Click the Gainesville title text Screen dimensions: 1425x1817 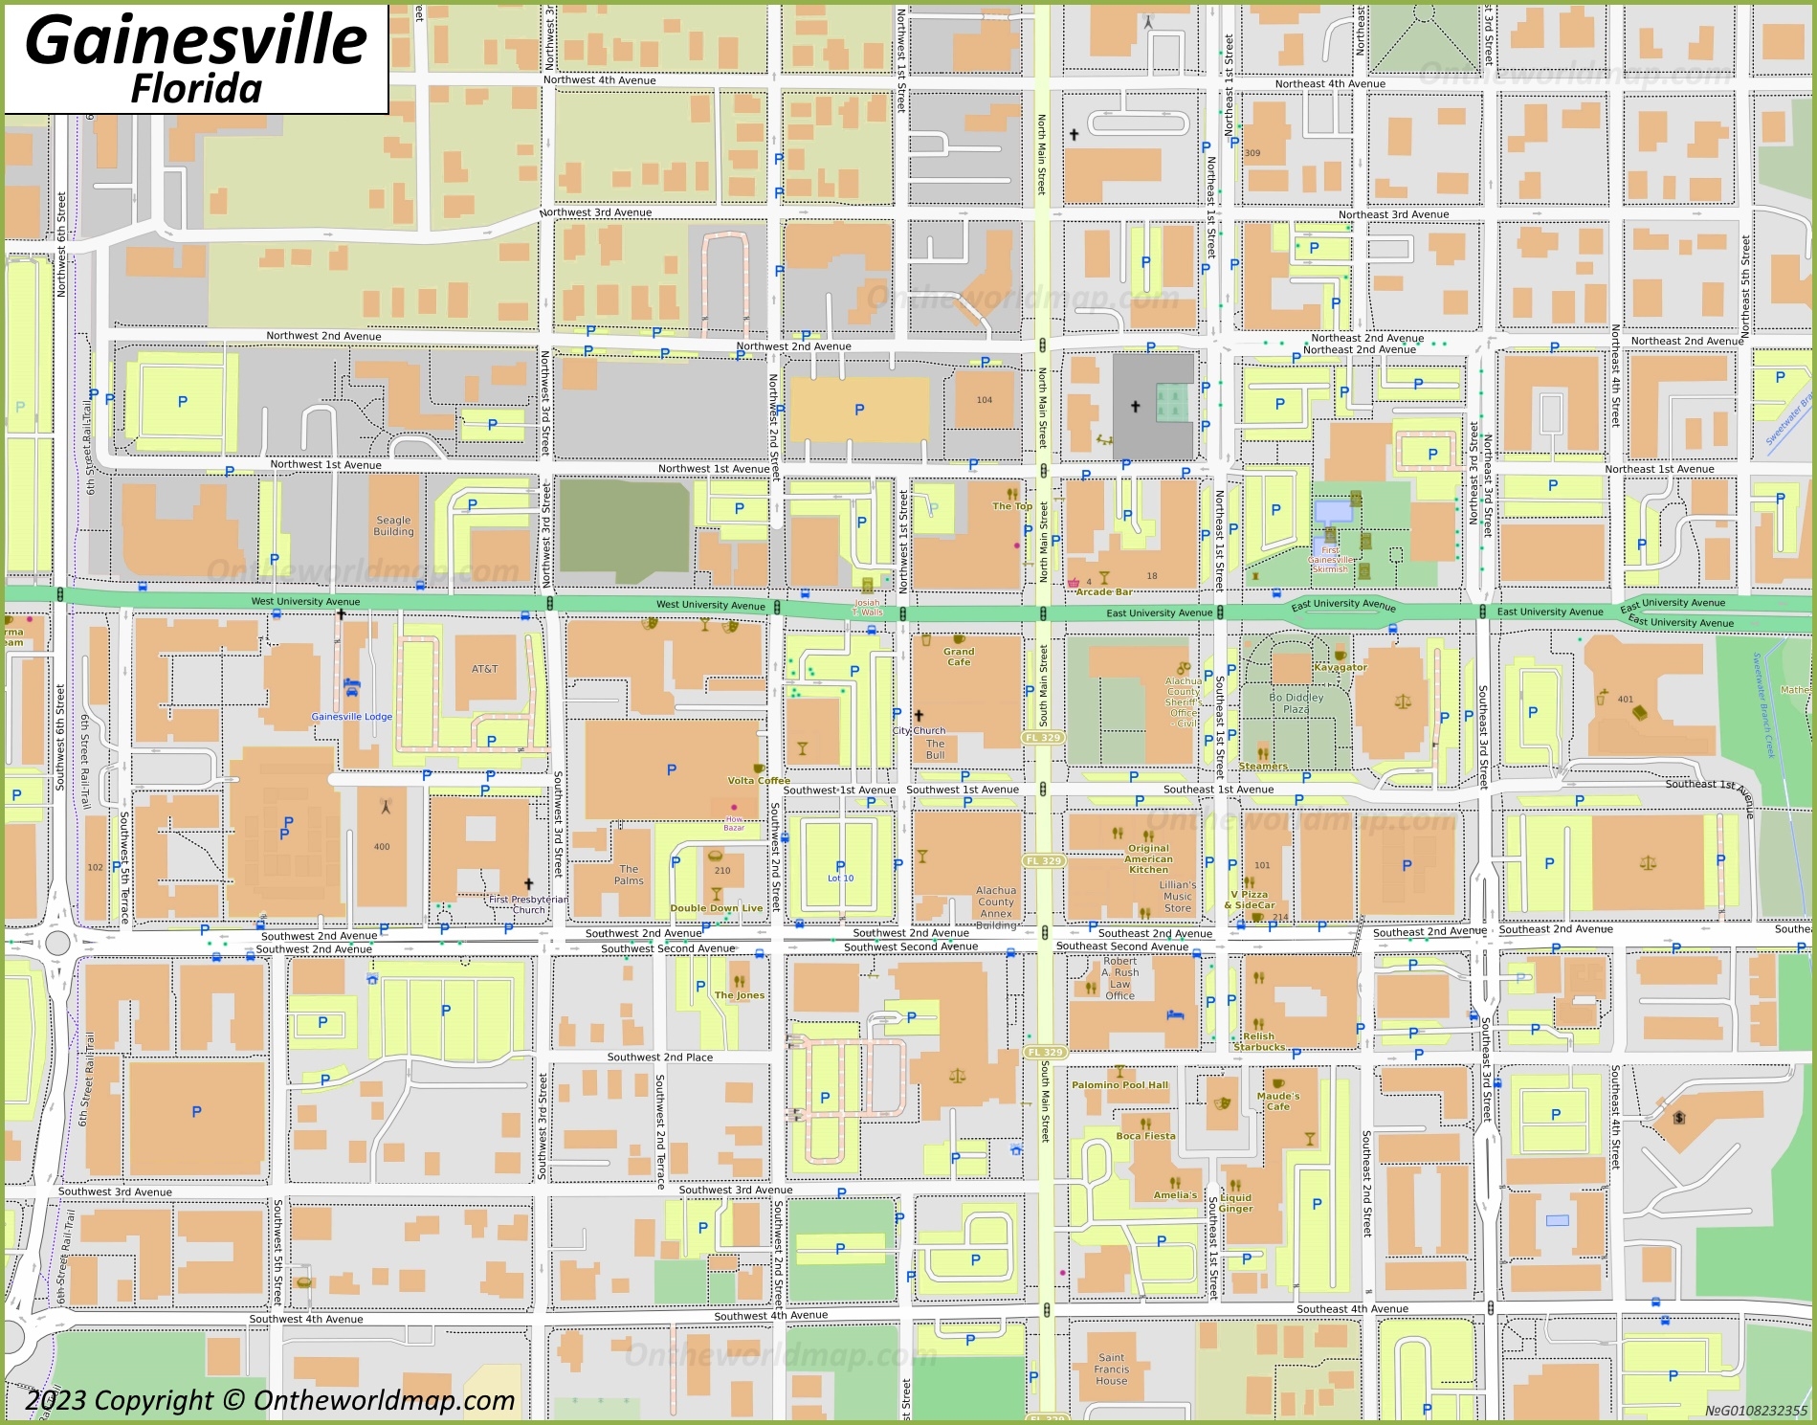point(196,40)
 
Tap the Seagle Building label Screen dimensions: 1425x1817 point(393,525)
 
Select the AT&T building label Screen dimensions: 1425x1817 point(484,669)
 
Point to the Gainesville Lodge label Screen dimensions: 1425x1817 point(351,716)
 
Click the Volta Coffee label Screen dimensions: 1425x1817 point(759,780)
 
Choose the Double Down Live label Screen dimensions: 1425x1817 point(716,908)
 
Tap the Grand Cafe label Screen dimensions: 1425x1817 point(959,657)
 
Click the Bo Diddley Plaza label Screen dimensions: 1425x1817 point(1296,703)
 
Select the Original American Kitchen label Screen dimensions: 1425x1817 point(1148,858)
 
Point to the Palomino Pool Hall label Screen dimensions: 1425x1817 point(1119,1085)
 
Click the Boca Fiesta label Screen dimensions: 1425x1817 point(1145,1136)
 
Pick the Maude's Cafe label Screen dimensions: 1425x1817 point(1278,1101)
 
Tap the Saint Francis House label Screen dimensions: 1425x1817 point(1112,1369)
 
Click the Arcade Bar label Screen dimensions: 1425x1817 point(1104,591)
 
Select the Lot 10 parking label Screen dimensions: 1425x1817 point(840,878)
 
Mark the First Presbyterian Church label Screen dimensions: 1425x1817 point(528,904)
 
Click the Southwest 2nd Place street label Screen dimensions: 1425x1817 point(659,1057)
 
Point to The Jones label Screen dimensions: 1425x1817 point(739,995)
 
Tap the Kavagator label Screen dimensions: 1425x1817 point(1341,667)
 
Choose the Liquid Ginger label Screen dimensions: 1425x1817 point(1235,1203)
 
